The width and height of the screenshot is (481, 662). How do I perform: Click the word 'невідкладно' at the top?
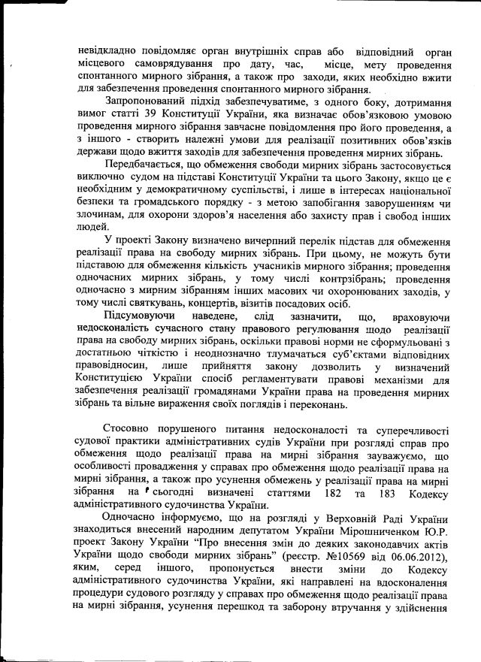(110, 51)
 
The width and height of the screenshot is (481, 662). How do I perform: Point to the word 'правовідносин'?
(115, 365)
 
